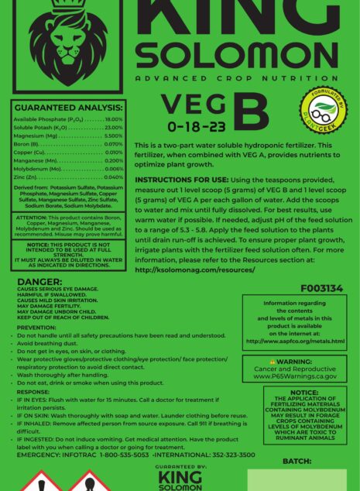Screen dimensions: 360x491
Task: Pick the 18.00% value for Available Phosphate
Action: click(x=114, y=120)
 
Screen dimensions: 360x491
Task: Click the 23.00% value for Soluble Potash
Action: click(x=114, y=128)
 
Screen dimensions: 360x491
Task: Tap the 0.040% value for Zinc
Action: click(x=114, y=177)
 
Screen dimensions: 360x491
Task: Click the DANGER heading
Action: click(x=39, y=282)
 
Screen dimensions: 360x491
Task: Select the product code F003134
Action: click(x=321, y=288)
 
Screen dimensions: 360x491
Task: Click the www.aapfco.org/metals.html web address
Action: click(x=295, y=341)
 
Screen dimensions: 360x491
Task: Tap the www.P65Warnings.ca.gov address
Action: click(x=295, y=376)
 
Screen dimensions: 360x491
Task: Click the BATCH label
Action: click(x=297, y=461)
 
